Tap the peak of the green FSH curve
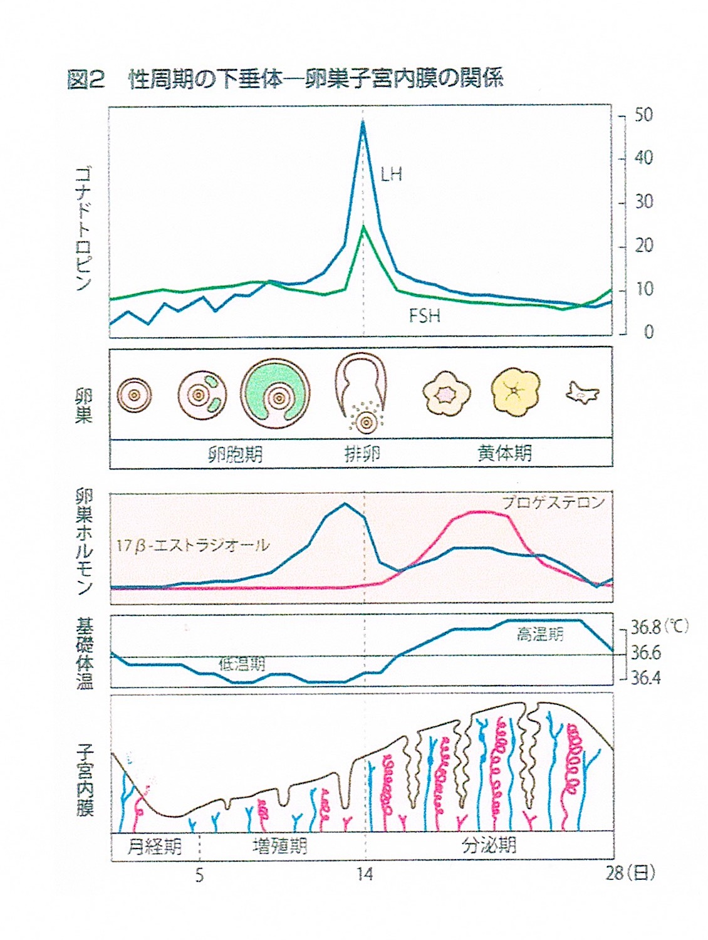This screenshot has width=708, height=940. (x=363, y=227)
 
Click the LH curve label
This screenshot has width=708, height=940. (x=391, y=174)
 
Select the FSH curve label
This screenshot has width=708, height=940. (x=424, y=315)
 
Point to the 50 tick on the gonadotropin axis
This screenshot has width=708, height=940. (x=643, y=115)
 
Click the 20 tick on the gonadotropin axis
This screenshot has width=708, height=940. (x=643, y=246)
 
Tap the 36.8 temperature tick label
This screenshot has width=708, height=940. (x=645, y=627)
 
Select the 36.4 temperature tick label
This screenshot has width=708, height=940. (x=645, y=678)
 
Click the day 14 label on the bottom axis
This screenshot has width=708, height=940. (x=365, y=874)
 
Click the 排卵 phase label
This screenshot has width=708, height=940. (x=362, y=453)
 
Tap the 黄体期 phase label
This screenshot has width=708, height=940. (x=504, y=453)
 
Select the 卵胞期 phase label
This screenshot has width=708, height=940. (x=235, y=453)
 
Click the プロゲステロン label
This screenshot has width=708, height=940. (x=553, y=503)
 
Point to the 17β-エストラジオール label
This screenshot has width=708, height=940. (x=192, y=545)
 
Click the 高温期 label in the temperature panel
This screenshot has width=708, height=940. (x=539, y=634)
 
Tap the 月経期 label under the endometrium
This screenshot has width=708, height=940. (x=154, y=847)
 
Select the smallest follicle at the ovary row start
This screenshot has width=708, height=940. (x=134, y=395)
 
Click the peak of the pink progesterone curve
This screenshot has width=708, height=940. (x=482, y=513)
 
